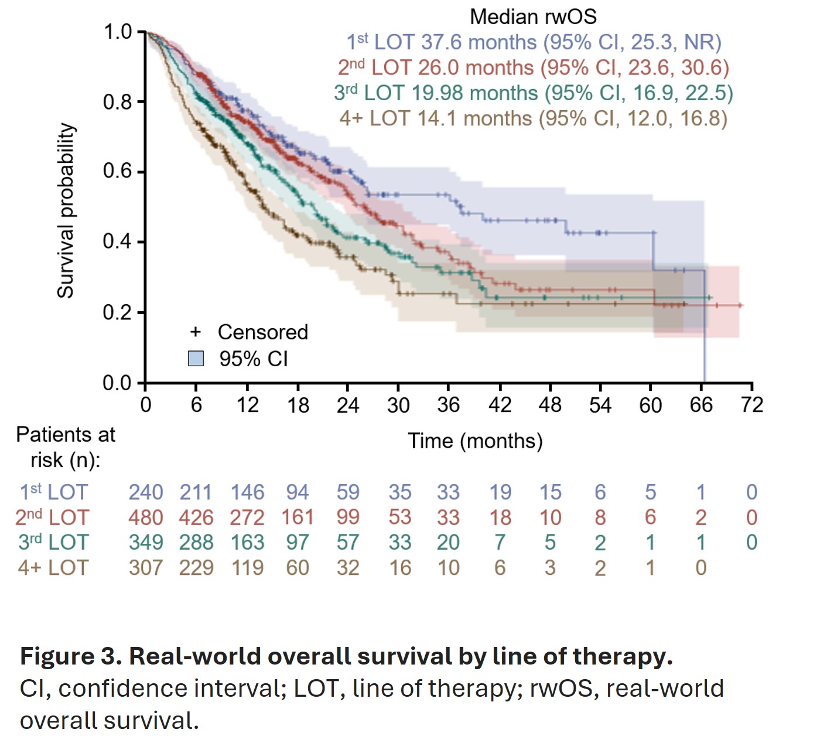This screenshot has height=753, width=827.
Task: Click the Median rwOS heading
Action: [x=533, y=16]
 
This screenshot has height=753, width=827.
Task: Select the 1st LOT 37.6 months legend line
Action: [x=534, y=42]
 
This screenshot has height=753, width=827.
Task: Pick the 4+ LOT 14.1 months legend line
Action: [x=533, y=118]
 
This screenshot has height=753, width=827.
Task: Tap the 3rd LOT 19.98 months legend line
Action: [x=533, y=93]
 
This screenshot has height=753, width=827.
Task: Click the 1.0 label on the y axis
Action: [x=117, y=32]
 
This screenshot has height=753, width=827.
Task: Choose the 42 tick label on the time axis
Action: [x=500, y=405]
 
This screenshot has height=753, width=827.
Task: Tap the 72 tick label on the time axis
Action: [x=751, y=405]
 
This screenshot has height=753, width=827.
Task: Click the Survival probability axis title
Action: [x=66, y=210]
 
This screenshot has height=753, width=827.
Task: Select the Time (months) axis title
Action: [x=475, y=441]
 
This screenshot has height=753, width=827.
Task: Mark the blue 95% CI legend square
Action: [x=196, y=358]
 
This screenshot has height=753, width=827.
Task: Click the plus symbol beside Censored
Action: [x=196, y=332]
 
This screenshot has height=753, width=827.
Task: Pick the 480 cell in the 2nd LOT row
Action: [x=145, y=517]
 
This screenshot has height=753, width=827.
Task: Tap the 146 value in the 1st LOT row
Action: [x=247, y=492]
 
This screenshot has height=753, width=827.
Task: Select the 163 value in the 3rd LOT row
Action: [x=247, y=543]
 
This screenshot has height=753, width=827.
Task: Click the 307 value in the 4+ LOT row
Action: [x=145, y=568]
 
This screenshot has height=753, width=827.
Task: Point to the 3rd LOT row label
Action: [x=53, y=543]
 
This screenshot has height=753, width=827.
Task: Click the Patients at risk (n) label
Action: [x=65, y=447]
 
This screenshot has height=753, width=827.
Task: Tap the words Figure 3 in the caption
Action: [x=71, y=656]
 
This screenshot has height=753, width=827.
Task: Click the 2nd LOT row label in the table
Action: [x=52, y=517]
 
